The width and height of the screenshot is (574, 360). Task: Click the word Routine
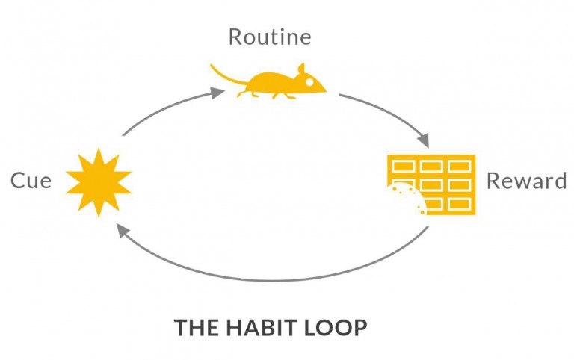[270, 37]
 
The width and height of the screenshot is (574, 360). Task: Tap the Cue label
[31, 180]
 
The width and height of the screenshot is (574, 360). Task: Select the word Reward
[526, 181]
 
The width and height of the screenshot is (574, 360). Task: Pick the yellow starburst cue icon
[99, 182]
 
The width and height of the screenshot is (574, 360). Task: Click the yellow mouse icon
[268, 82]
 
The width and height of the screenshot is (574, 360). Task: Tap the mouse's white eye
[309, 82]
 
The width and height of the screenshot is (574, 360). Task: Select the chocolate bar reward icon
[431, 184]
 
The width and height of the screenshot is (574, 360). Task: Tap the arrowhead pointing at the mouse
[217, 93]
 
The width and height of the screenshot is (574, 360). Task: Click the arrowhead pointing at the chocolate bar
[424, 140]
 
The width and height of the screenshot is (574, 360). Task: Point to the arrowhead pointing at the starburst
[123, 231]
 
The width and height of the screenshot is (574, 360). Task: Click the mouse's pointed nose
[324, 90]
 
